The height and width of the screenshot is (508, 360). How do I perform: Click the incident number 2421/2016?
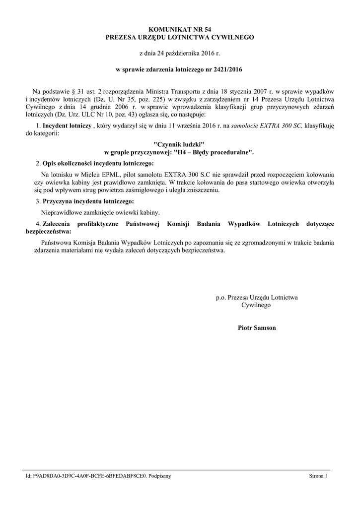click(x=227, y=70)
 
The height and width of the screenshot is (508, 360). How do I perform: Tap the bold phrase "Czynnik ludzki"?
click(x=179, y=143)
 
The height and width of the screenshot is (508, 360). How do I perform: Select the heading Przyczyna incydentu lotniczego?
click(x=88, y=202)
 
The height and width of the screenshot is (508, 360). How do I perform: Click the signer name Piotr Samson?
click(x=257, y=328)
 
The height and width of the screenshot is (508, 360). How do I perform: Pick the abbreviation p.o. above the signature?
click(x=221, y=298)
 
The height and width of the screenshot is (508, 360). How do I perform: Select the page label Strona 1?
click(x=318, y=476)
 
